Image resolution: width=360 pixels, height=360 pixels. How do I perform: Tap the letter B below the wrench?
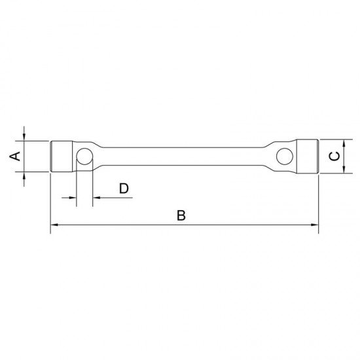coord(181,215)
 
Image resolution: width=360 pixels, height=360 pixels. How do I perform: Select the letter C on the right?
coord(334,156)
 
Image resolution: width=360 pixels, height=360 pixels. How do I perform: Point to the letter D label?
coord(124,189)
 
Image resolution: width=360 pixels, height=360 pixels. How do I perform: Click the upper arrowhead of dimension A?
coord(24,137)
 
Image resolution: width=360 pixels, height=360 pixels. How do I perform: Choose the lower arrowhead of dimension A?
coord(24,176)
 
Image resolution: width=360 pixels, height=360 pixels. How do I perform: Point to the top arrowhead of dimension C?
coord(345,142)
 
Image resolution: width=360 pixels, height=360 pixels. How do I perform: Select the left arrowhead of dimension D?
coord(73,197)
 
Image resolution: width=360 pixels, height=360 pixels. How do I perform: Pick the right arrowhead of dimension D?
coord(96,197)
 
